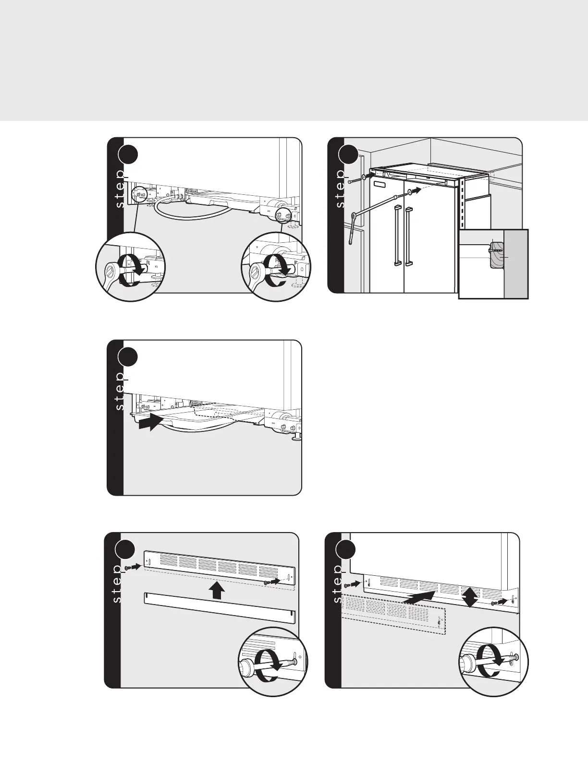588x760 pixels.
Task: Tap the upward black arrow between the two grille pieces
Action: (x=217, y=590)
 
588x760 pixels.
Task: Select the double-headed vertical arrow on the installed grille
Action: (x=469, y=597)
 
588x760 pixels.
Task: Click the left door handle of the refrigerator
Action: (x=397, y=235)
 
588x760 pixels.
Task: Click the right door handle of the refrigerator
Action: (x=408, y=236)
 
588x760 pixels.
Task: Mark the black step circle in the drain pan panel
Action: (x=128, y=356)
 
